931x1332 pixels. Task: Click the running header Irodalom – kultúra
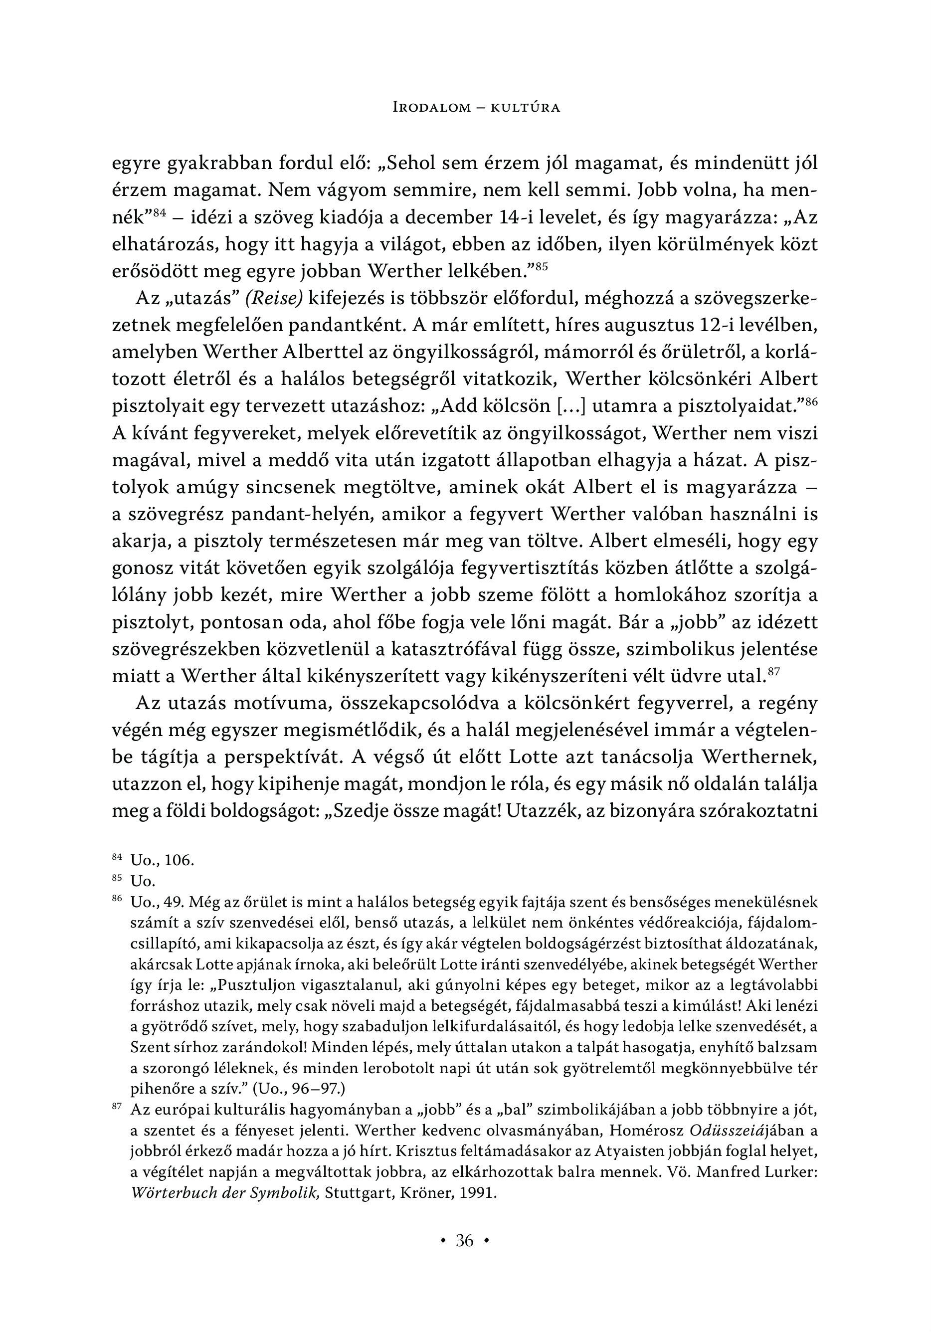tap(476, 107)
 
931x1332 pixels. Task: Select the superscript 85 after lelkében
tap(541, 267)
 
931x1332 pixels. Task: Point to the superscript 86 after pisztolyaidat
tap(810, 402)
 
